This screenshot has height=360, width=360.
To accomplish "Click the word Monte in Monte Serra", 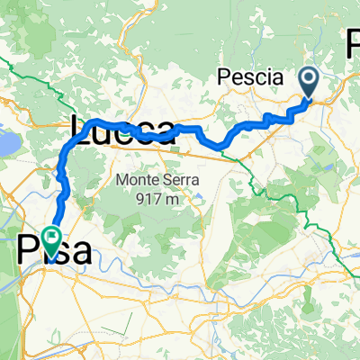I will pos(135,180).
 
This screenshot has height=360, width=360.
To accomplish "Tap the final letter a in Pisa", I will pos(80,251).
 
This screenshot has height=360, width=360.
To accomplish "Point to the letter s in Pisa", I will pos(60,251).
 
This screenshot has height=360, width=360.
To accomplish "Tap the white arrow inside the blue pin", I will pos(308,82).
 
